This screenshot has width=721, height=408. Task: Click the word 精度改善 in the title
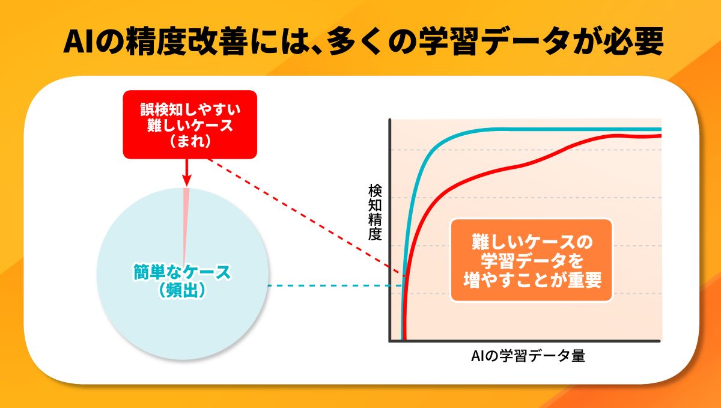click(186, 42)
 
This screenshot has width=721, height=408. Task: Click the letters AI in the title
click(78, 42)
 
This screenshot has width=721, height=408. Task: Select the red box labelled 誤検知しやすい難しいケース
click(190, 124)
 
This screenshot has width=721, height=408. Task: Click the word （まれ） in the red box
click(190, 141)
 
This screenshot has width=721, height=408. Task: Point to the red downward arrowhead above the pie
click(187, 180)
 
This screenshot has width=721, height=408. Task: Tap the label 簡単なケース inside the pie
click(182, 272)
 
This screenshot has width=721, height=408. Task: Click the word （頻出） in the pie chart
click(182, 290)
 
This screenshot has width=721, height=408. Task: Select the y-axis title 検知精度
click(375, 213)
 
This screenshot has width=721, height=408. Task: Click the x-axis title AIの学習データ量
click(528, 356)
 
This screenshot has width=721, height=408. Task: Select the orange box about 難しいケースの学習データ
click(531, 260)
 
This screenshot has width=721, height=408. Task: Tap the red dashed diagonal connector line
click(306, 218)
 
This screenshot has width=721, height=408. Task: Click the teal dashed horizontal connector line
click(335, 285)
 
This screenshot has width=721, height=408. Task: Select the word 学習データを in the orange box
click(532, 261)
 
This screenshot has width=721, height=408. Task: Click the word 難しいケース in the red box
click(190, 125)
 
